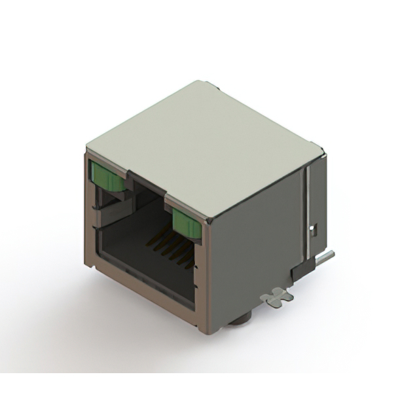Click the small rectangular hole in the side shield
click(x=314, y=230)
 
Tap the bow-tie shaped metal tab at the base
click(x=277, y=296)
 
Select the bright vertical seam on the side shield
click(x=305, y=209)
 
